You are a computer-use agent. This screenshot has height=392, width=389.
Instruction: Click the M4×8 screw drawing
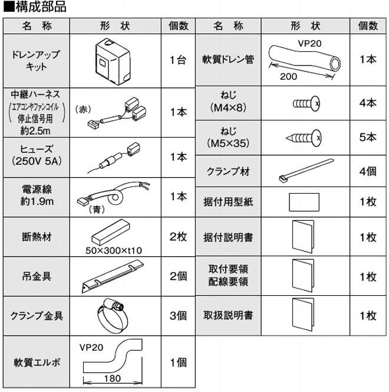306,103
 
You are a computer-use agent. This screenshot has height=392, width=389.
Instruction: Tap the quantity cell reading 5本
368,138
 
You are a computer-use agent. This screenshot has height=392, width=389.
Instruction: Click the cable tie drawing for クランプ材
305,171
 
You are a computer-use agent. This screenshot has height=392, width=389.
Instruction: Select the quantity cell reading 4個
368,172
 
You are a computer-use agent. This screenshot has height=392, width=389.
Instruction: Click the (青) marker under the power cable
96,208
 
